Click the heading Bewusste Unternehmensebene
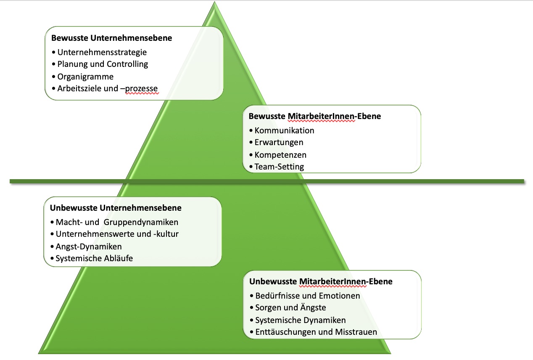click(111, 38)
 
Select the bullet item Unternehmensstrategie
click(102, 53)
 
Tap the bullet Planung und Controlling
click(103, 64)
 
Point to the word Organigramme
click(85, 77)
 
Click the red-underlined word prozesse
click(141, 89)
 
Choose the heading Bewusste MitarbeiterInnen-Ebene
click(315, 116)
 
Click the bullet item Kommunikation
click(284, 130)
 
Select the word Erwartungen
click(279, 143)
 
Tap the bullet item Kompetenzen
click(280, 155)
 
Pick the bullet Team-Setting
click(280, 167)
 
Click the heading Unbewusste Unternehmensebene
click(116, 208)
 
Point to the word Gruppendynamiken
click(141, 222)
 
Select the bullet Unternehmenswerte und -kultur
click(117, 234)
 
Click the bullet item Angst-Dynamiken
click(89, 247)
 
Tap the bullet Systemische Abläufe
click(94, 258)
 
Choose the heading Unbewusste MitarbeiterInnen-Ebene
click(321, 281)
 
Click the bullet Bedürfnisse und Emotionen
click(308, 296)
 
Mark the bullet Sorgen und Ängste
click(290, 307)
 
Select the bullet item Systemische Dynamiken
click(301, 320)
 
